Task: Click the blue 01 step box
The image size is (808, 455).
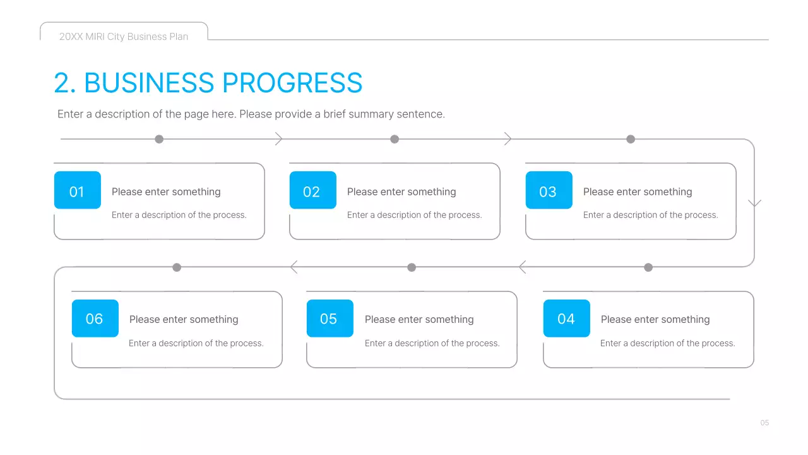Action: [x=77, y=190]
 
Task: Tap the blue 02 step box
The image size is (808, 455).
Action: [x=312, y=190]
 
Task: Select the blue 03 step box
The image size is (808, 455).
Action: [x=549, y=190]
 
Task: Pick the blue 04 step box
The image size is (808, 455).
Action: [x=566, y=318]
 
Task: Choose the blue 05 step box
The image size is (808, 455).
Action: [x=330, y=318]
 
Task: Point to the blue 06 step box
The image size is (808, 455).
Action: [x=95, y=318]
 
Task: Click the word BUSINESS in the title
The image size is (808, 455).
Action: [x=149, y=83]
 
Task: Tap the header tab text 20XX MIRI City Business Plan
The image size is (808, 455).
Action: [x=124, y=37]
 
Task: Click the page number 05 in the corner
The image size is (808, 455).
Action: [x=764, y=423]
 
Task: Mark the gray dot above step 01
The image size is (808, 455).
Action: [x=159, y=139]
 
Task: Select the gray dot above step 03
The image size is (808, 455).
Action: [x=630, y=139]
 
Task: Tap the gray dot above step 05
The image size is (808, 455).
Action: [x=412, y=267]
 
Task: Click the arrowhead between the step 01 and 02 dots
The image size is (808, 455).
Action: [x=279, y=139]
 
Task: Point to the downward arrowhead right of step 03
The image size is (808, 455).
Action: [x=754, y=203]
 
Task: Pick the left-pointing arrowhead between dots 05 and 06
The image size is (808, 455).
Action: [x=294, y=267]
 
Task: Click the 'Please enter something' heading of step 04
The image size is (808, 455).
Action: [x=655, y=320]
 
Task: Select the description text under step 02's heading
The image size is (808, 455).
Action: [x=414, y=215]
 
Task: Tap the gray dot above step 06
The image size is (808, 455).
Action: [x=177, y=267]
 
